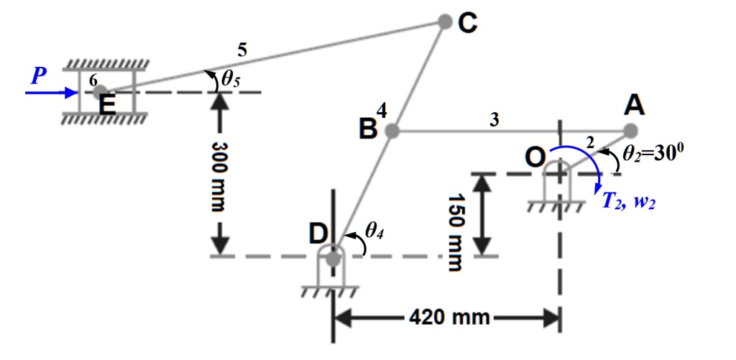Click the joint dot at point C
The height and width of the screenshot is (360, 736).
pyautogui.click(x=445, y=22)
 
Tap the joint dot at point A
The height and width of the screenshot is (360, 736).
pyautogui.click(x=630, y=131)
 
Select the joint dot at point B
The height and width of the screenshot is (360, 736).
pyautogui.click(x=392, y=131)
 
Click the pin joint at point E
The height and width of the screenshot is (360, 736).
pyautogui.click(x=100, y=93)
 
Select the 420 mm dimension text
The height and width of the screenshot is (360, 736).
pyautogui.click(x=449, y=316)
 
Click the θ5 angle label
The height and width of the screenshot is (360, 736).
pyautogui.click(x=230, y=79)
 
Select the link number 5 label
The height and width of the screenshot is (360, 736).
pyautogui.click(x=242, y=50)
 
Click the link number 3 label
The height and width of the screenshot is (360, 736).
pyautogui.click(x=494, y=120)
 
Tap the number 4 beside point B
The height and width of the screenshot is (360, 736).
pyautogui.click(x=382, y=111)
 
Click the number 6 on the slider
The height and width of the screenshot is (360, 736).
pyautogui.click(x=92, y=81)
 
